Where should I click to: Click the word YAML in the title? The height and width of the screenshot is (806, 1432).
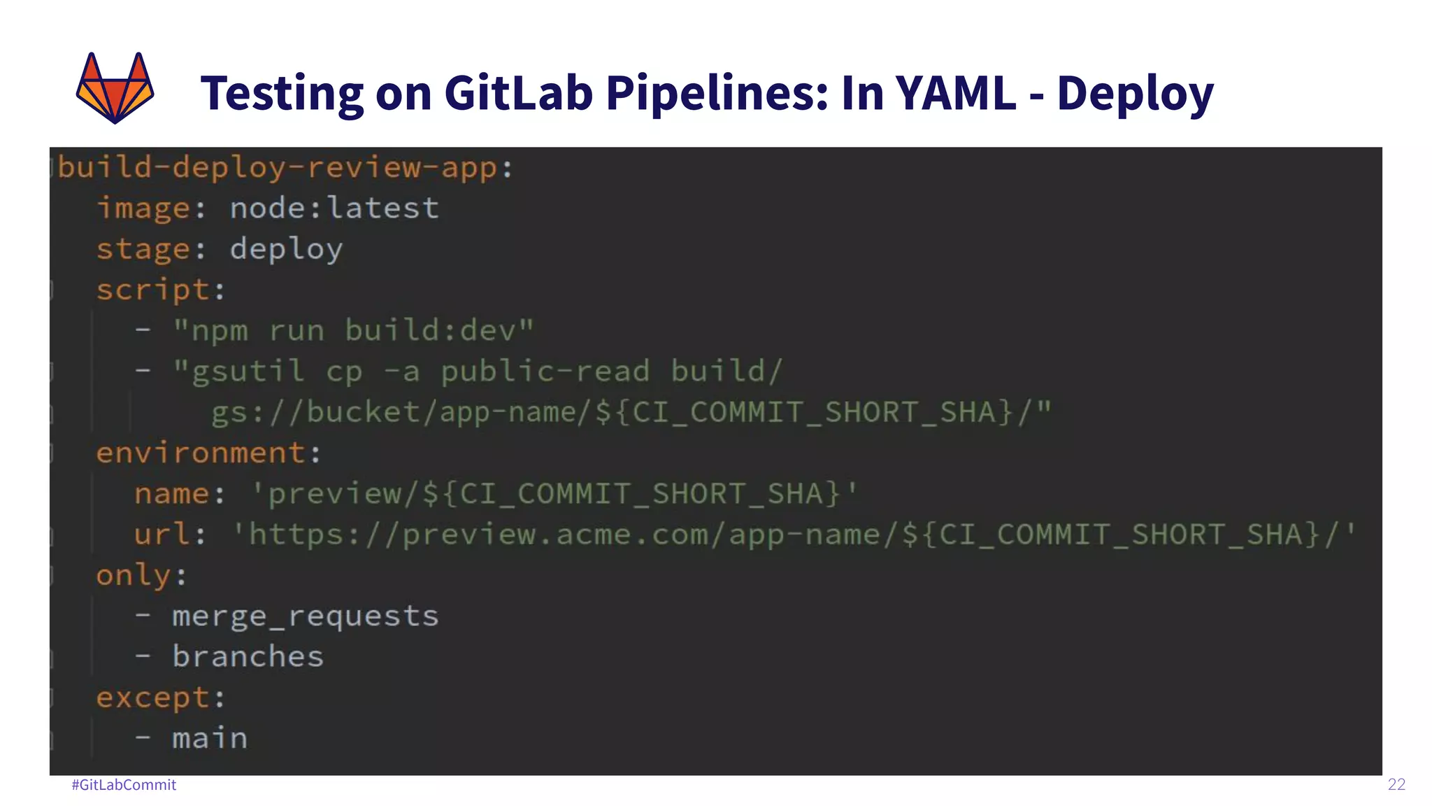point(955,92)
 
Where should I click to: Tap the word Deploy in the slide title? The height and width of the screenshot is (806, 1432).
point(1135,94)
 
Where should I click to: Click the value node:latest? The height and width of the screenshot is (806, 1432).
point(334,208)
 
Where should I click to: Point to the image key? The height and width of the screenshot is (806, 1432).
point(143,208)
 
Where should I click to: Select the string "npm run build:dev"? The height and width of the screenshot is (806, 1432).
point(353,330)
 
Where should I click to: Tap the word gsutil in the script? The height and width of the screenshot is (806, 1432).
point(248,372)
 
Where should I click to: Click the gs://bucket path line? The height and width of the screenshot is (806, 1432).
point(631,412)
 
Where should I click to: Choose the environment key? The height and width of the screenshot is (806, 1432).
point(201,453)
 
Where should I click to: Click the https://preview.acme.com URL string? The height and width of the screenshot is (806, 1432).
point(794,535)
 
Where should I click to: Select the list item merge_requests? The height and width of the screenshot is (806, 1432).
point(306,616)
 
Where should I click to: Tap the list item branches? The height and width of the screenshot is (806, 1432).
point(248,657)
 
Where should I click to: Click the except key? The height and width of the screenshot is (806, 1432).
point(153,698)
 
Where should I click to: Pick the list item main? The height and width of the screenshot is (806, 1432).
point(210,739)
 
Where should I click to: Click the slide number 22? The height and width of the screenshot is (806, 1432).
point(1396,784)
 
